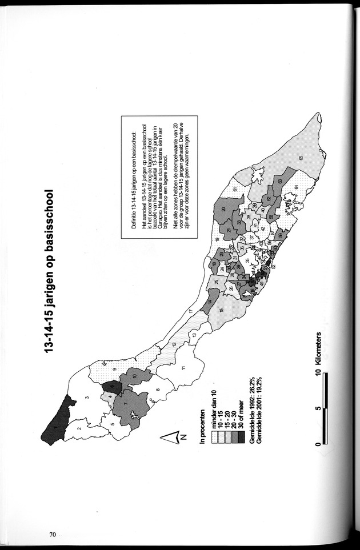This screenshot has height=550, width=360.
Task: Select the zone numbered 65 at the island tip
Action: coord(301,158)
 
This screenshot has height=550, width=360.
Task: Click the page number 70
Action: coord(52,535)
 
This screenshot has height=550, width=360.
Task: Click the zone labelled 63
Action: coord(280,181)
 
